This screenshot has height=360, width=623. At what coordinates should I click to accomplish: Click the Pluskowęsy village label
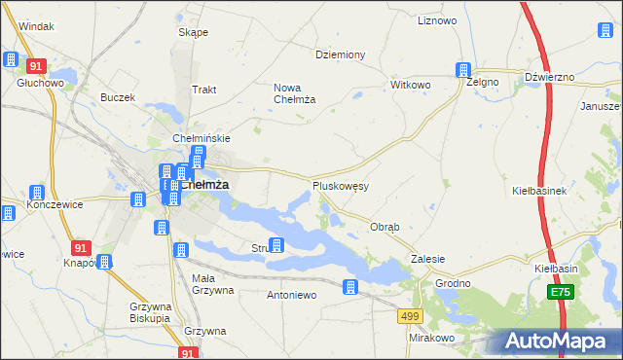coord(340,185)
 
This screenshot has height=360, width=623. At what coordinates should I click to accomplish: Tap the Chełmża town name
coord(205,184)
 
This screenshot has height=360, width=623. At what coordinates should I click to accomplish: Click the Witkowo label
coord(410,85)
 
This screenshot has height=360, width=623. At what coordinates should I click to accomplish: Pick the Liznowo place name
coord(436,19)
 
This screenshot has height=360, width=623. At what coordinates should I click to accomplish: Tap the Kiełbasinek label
coord(539,191)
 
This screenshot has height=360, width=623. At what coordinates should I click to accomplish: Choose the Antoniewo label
coord(292,294)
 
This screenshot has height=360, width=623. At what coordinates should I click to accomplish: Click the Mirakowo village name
coord(432,338)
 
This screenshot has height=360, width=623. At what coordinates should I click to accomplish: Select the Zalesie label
coord(428,259)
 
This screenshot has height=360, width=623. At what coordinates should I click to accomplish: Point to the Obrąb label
coord(385,227)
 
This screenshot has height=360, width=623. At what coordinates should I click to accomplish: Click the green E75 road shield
coord(560,292)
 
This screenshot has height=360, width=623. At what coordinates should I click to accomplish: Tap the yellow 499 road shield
coord(409,315)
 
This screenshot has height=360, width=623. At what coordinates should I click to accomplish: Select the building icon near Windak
coord(11,59)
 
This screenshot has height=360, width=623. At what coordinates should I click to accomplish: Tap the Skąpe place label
coord(193,32)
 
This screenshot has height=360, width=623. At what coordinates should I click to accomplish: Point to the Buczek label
coord(117,97)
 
